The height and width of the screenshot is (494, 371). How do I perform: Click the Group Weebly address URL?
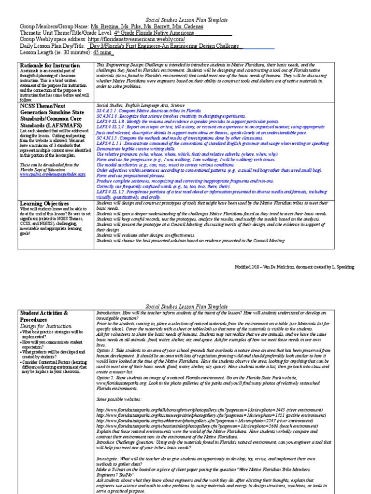(141, 39)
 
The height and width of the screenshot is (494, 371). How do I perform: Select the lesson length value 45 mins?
(103, 53)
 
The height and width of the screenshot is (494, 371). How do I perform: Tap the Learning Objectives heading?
(44, 204)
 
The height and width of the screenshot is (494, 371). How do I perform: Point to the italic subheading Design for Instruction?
(45, 326)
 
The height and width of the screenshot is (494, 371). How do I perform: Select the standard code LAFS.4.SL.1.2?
(112, 192)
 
